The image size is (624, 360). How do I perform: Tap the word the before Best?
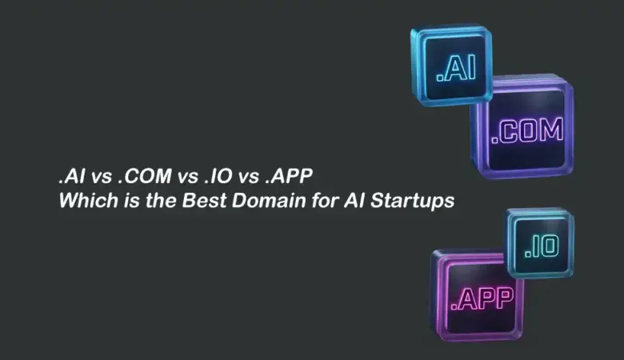pos(155,201)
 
